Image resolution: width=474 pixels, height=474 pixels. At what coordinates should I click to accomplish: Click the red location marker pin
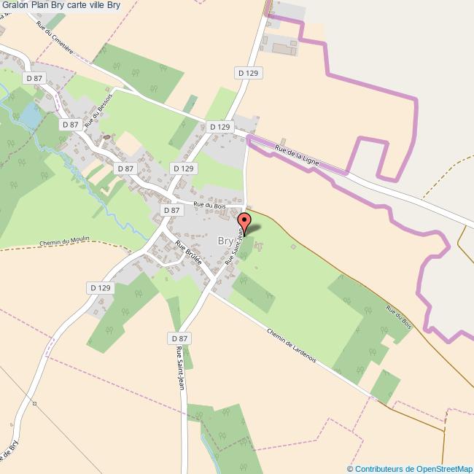coord(244,221)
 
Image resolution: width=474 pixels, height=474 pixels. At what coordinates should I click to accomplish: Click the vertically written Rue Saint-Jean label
coord(180,371)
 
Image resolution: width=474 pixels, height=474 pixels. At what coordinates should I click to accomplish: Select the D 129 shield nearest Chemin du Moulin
coord(100,288)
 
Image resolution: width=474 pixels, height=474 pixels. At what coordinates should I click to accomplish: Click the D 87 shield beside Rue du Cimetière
coord(35,78)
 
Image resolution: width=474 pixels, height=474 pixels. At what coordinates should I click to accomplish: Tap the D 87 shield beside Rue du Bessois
coord(71,125)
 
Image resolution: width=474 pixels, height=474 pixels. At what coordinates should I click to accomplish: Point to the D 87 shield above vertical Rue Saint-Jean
coord(179,338)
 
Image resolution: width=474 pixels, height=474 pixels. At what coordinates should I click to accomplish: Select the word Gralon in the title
coord(16,6)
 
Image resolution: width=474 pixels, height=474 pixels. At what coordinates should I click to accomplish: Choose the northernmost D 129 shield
coord(249,73)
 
